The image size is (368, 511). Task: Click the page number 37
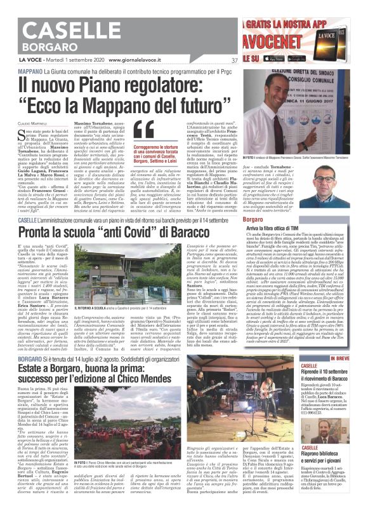[234, 60]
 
